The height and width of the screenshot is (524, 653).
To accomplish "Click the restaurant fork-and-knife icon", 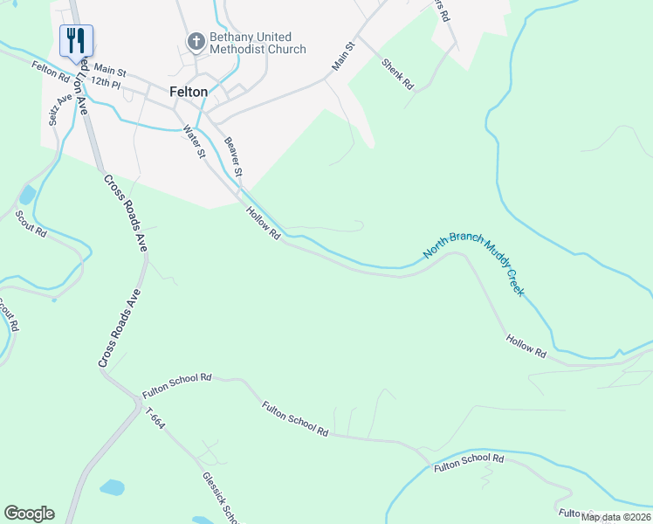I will [76, 39].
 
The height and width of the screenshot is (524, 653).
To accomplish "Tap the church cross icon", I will [196, 39].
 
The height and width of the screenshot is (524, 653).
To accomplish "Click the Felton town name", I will [189, 91].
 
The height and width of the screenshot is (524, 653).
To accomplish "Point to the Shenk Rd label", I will [397, 74].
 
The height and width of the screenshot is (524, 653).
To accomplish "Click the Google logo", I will [29, 514].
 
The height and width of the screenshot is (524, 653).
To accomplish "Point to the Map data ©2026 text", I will [615, 517].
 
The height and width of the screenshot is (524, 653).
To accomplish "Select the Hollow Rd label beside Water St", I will [262, 223].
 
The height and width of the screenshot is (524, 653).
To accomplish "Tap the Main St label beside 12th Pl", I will [110, 69].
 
